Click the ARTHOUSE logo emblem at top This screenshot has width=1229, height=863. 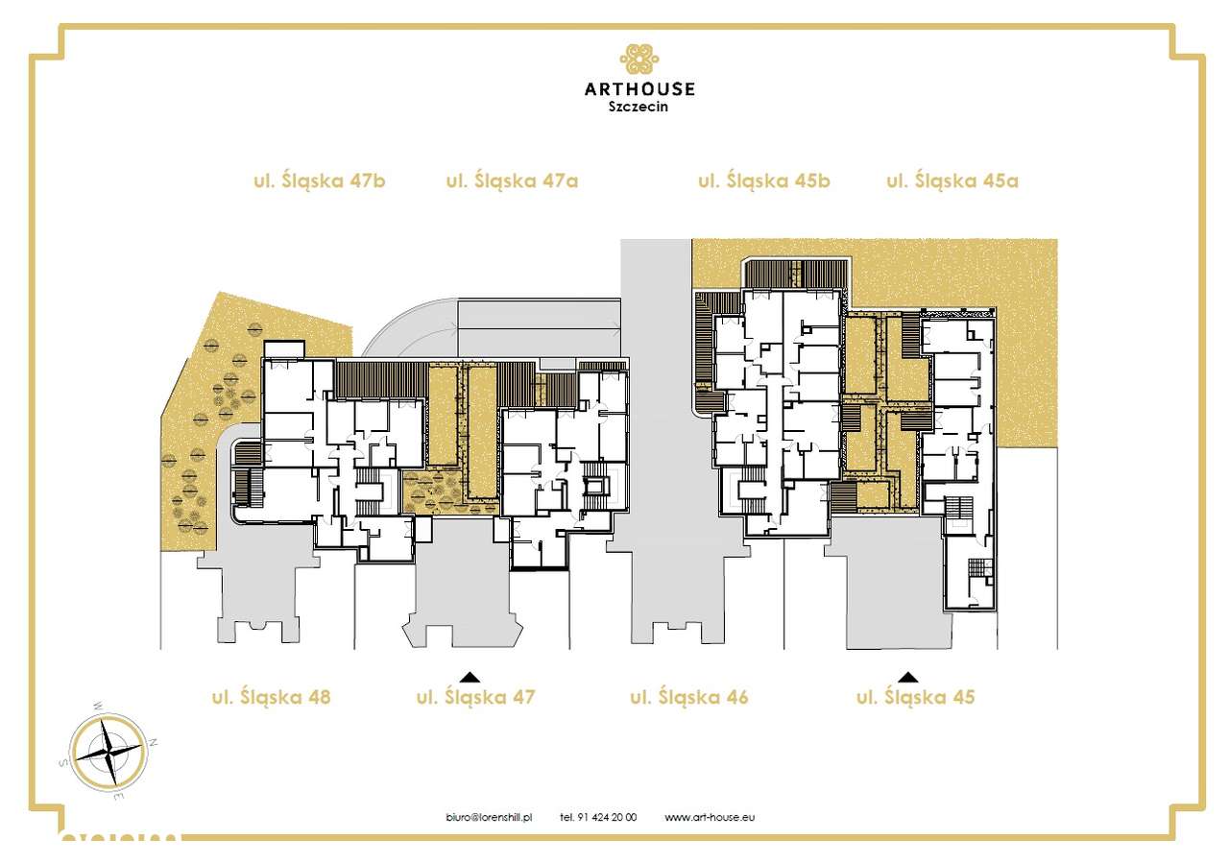[639, 60]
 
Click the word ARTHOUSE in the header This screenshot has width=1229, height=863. [639, 89]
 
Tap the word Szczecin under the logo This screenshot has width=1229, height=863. [639, 108]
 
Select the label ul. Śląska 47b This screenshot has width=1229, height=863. [320, 180]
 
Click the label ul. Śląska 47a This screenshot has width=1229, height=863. [512, 180]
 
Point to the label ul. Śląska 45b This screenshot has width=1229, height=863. [763, 180]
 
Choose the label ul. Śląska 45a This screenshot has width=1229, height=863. [952, 180]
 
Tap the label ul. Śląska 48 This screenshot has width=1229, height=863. [271, 697]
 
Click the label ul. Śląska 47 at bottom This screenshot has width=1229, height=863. [475, 697]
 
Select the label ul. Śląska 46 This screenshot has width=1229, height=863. [688, 697]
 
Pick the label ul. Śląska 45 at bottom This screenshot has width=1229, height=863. [915, 697]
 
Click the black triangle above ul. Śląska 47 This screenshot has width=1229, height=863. [470, 676]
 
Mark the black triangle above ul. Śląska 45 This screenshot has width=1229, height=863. [907, 676]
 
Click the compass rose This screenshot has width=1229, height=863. [108, 751]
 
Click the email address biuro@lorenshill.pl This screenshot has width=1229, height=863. [490, 817]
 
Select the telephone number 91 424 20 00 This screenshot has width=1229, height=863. [598, 817]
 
